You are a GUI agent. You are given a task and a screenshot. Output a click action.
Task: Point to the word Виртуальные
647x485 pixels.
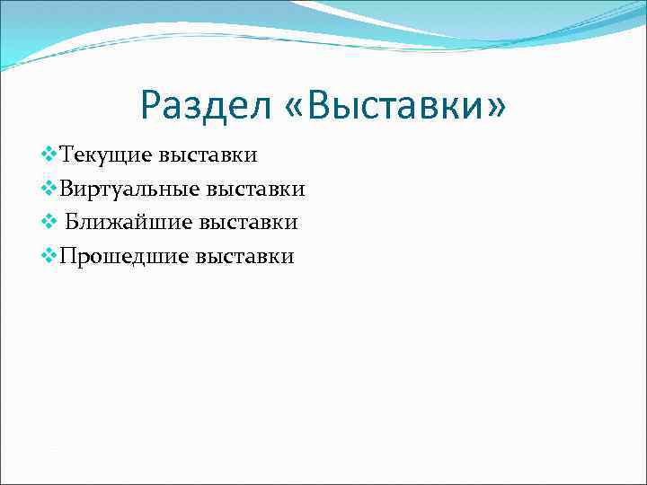pyautogui.click(x=129, y=190)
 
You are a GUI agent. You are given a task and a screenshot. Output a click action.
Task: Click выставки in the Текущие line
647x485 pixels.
pyautogui.click(x=208, y=155)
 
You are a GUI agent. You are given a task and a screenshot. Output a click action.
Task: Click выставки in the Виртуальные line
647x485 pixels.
pyautogui.click(x=256, y=190)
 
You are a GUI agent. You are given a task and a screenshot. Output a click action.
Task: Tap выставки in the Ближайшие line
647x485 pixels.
pyautogui.click(x=249, y=223)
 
